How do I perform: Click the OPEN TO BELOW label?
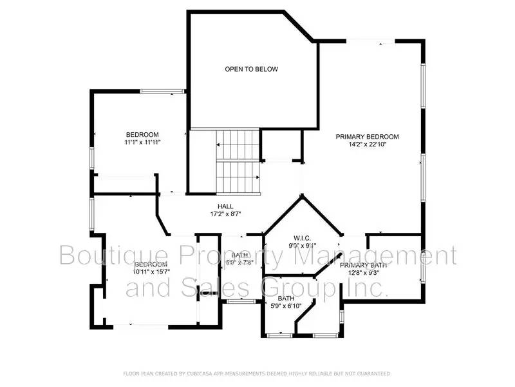click(x=251, y=69)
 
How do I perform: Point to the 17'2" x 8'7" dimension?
click(x=225, y=213)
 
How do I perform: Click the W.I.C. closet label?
click(x=302, y=237)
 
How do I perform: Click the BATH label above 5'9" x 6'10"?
click(x=286, y=298)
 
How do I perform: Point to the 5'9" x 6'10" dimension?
click(x=286, y=306)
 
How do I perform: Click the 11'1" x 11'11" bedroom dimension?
click(x=142, y=143)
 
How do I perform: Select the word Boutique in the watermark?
click(x=103, y=255)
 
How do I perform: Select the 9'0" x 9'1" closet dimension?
click(x=302, y=245)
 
